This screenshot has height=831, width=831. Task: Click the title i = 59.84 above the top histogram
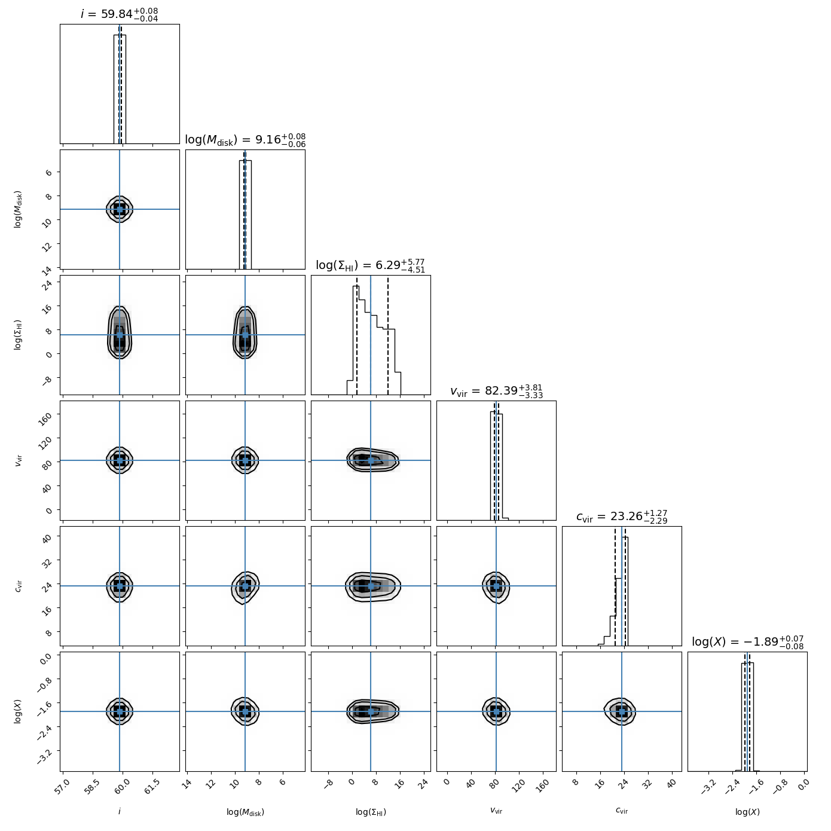pos(120,14)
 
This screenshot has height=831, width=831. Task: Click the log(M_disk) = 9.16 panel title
pos(245,140)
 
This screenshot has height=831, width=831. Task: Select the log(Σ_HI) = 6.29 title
pos(370,265)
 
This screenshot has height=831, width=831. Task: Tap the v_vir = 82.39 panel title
pos(496,391)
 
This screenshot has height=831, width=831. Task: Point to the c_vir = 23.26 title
pos(622,517)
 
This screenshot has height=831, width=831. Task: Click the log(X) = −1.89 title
pos(747,642)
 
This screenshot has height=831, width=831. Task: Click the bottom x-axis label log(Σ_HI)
pos(371,812)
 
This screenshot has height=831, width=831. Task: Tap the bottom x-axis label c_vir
pos(622,811)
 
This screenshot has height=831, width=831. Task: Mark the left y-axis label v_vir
pos(19,460)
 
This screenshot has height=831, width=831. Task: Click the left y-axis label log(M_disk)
pos(19,209)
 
